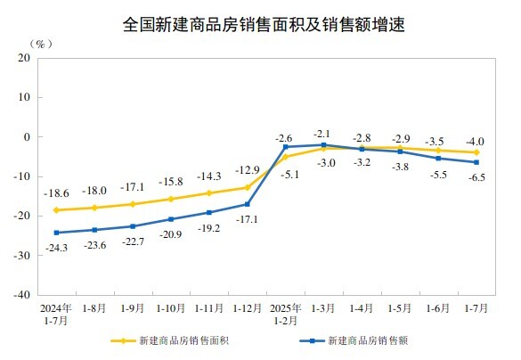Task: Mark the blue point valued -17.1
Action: pos(247,204)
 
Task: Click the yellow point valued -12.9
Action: pos(247,187)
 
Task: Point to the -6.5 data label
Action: pos(476,177)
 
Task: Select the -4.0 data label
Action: pos(476,141)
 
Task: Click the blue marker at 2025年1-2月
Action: pos(285,147)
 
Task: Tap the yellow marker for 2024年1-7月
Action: pos(55,210)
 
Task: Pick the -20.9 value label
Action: pos(170,233)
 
